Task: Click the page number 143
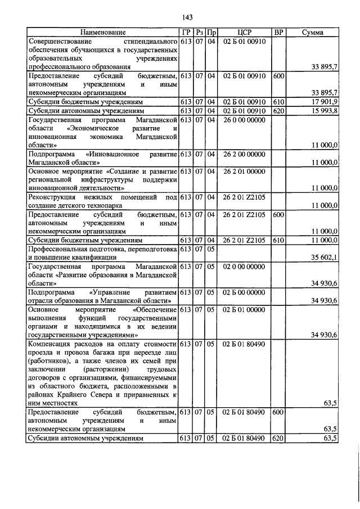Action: pyautogui.click(x=179, y=17)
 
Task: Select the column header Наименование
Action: pyautogui.click(x=102, y=33)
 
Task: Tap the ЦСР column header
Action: pyautogui.click(x=244, y=33)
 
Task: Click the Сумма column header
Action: pyautogui.click(x=312, y=33)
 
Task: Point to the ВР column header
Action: pyautogui.click(x=278, y=33)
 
